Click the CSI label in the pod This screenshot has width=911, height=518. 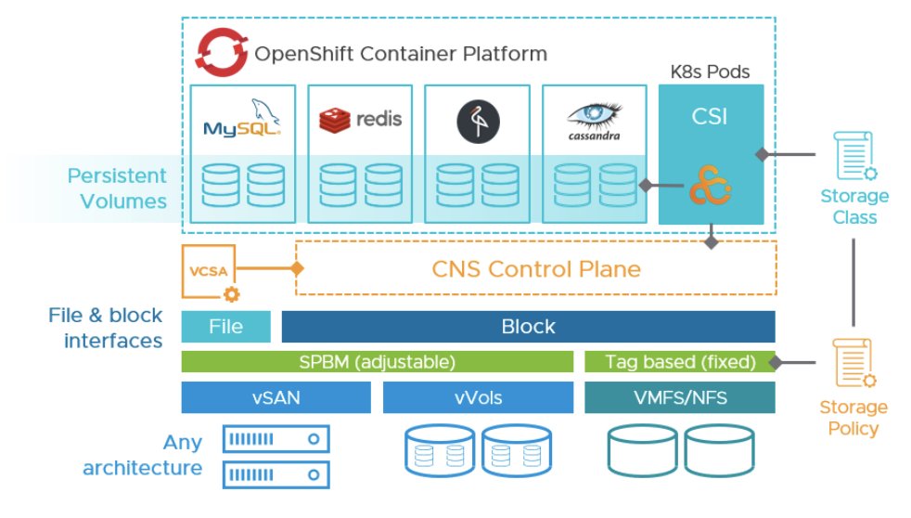[711, 118]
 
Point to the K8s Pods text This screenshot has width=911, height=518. [711, 71]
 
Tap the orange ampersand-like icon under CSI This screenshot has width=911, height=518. [711, 188]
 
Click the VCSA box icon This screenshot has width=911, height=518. [209, 270]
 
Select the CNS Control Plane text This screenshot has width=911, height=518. [536, 269]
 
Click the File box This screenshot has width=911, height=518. [225, 327]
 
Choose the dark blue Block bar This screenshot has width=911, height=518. [528, 327]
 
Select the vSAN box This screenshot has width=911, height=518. [276, 397]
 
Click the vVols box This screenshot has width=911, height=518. [478, 397]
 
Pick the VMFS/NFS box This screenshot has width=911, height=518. [679, 397]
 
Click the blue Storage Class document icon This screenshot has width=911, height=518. [853, 155]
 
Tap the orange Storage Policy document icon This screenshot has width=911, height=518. [853, 363]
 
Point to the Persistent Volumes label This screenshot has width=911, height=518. [117, 188]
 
